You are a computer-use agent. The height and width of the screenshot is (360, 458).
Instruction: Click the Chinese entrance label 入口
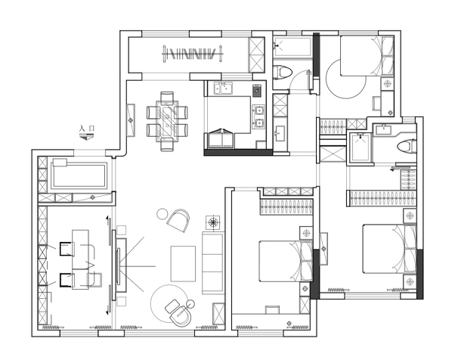87,129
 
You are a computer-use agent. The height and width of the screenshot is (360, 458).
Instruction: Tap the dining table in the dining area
167,121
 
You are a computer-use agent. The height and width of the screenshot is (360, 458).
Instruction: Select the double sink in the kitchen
224,88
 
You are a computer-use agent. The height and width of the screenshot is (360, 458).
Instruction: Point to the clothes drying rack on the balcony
193,54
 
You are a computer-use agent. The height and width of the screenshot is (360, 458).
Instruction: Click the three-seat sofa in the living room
212,262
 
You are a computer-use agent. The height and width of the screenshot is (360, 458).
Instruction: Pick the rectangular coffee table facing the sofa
183,264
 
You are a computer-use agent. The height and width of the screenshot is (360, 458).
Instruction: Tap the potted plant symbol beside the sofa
213,223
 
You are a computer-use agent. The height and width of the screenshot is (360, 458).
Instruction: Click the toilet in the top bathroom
283,72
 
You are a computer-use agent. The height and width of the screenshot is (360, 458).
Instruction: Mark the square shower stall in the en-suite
361,147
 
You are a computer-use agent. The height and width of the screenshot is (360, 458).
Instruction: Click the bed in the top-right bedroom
367,56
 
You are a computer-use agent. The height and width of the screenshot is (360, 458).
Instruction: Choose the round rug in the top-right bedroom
346,79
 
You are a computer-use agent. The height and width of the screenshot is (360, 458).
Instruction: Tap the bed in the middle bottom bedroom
286,261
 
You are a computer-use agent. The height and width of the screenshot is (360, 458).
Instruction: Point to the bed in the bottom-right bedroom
390,249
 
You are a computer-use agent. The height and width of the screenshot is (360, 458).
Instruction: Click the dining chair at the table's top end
167,97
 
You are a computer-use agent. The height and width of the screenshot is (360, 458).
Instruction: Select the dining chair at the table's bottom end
167,146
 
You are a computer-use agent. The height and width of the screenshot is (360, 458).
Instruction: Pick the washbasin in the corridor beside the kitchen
280,133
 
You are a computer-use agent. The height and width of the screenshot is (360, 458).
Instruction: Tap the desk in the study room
81,259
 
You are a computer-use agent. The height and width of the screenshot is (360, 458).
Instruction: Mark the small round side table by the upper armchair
162,214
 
